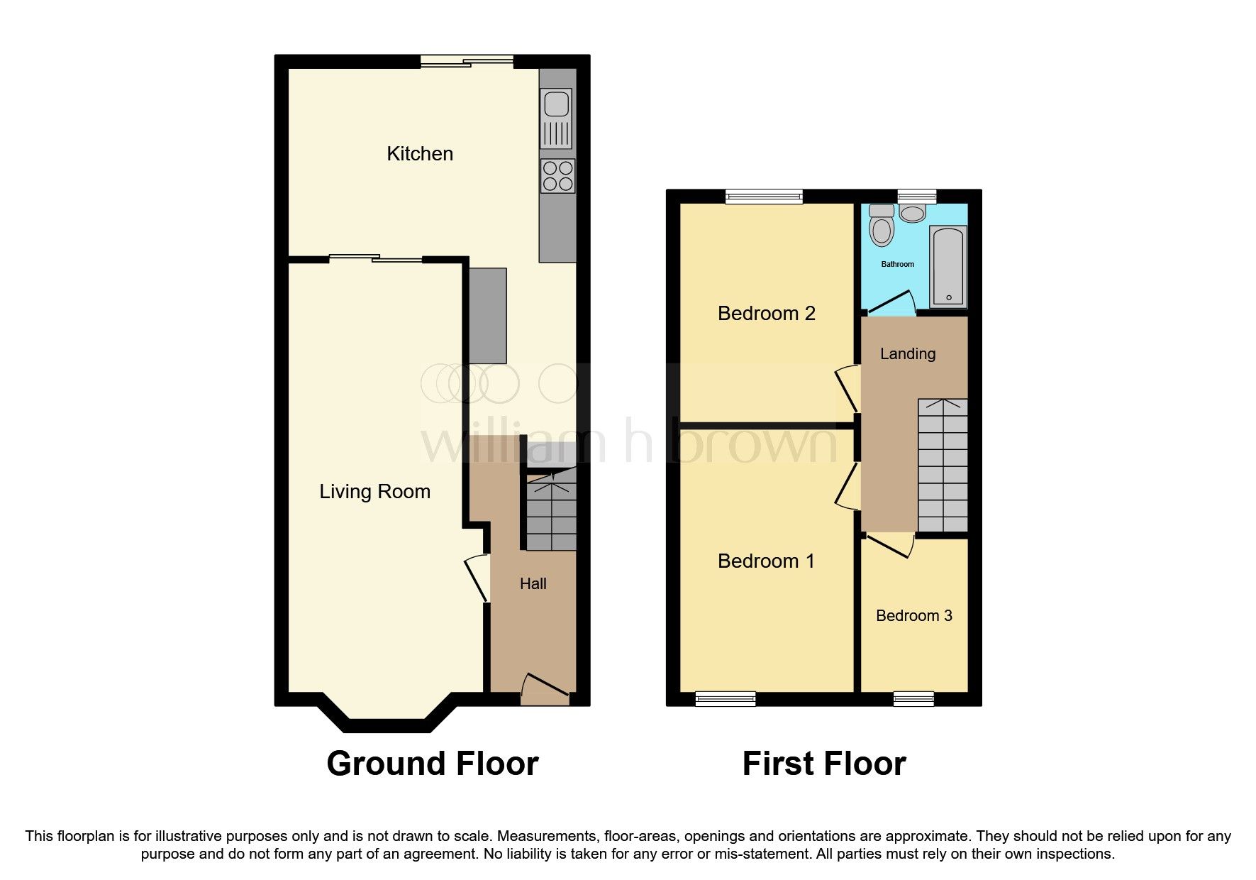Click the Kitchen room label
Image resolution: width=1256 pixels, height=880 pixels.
click(419, 154)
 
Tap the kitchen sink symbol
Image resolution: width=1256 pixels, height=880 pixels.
click(556, 104)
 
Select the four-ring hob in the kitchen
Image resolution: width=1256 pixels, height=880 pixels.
click(557, 176)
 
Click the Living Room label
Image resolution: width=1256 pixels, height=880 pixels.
click(374, 492)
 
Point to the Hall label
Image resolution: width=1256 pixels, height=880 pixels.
click(533, 584)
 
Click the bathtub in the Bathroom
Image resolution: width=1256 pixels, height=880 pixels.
click(949, 266)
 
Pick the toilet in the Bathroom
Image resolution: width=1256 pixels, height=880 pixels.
click(882, 226)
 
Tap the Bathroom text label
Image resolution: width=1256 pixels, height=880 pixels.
click(897, 264)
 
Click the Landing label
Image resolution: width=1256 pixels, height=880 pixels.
click(907, 353)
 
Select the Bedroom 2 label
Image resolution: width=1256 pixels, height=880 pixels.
click(766, 313)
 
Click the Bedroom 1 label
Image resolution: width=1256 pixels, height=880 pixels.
click(766, 561)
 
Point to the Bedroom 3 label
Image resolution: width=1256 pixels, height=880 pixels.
click(913, 616)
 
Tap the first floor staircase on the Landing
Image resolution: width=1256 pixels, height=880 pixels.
click(943, 465)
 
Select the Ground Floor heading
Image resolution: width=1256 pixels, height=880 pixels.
click(432, 764)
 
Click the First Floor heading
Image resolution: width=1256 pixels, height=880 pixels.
click(823, 764)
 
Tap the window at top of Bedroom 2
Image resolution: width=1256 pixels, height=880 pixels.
click(764, 197)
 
